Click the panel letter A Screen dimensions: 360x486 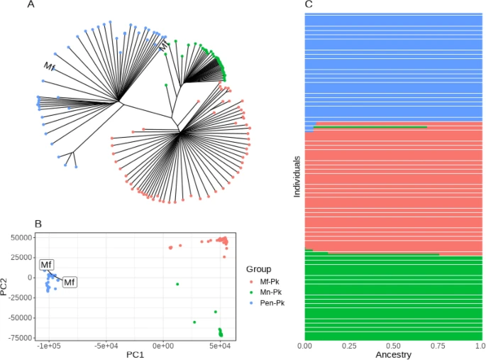[x=31, y=5]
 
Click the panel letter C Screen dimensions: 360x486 [x=309, y=5]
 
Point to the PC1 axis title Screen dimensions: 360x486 [x=134, y=354]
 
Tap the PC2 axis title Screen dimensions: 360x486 [x=6, y=285]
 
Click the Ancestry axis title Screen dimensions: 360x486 [x=392, y=354]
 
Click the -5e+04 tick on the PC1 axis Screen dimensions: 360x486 [x=106, y=345]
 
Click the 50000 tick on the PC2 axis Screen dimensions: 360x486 [x=21, y=237]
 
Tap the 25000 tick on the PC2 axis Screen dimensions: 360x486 [x=21, y=257]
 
